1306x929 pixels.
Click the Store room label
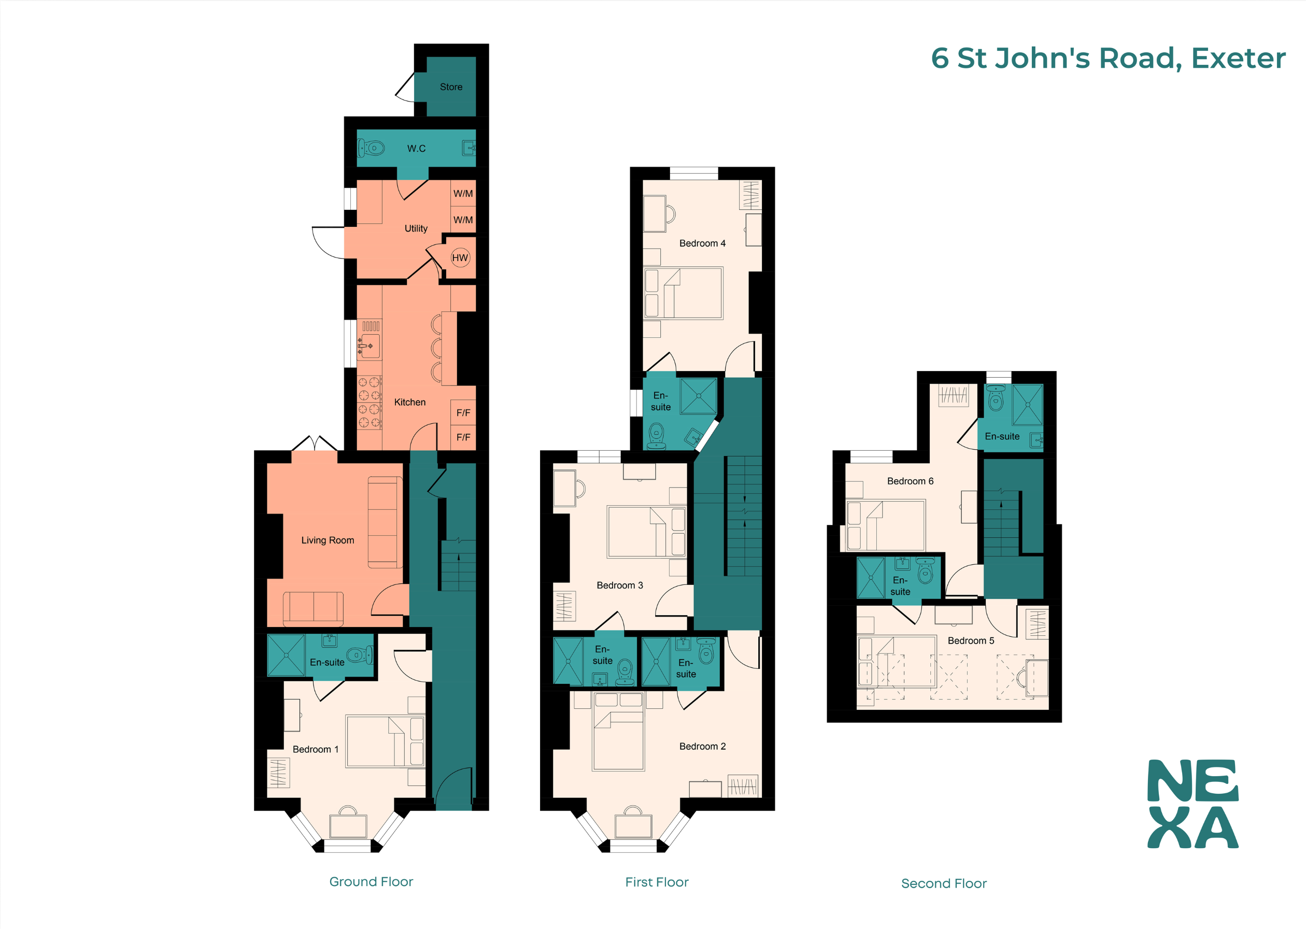click(x=451, y=87)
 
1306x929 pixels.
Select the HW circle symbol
click(x=460, y=258)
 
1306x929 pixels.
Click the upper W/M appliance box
click(x=463, y=193)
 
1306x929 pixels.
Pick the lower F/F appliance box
click(x=463, y=438)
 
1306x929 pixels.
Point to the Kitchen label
click(x=409, y=402)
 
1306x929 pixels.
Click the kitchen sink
click(x=369, y=346)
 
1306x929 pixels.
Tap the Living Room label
click(x=327, y=540)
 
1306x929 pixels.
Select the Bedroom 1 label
click(x=315, y=749)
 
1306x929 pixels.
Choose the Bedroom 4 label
click(x=702, y=243)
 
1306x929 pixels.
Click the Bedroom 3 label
click(x=619, y=585)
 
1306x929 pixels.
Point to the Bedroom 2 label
click(x=702, y=747)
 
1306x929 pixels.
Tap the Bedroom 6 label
click(x=910, y=481)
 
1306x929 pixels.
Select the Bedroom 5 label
click(x=970, y=641)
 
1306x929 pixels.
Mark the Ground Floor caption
click(x=371, y=881)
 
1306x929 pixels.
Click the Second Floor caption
click(x=943, y=883)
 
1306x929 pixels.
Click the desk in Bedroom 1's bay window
click(x=348, y=826)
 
